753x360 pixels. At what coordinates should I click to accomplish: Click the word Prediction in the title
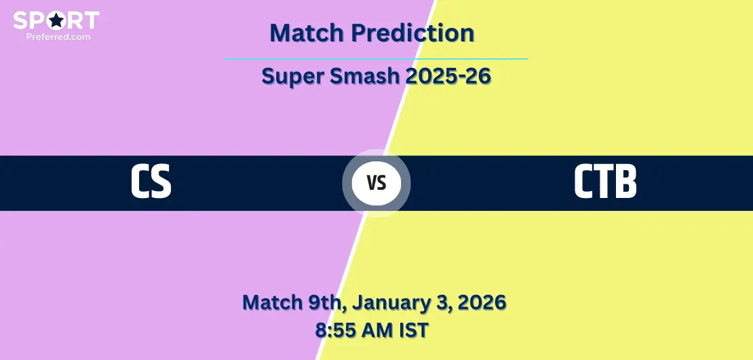click(x=412, y=33)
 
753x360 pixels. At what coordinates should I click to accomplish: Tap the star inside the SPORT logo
click(x=57, y=20)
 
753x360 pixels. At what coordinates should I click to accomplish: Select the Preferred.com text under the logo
click(x=58, y=37)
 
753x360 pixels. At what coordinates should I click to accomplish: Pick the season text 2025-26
click(x=448, y=76)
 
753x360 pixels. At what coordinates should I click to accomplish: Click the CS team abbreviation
click(x=151, y=182)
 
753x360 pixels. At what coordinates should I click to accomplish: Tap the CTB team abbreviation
click(x=605, y=182)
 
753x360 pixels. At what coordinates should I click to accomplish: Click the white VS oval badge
click(x=376, y=183)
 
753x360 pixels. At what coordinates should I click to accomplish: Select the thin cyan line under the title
click(x=376, y=59)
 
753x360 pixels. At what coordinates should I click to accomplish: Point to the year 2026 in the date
click(x=482, y=302)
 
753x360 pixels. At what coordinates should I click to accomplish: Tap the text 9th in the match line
click(x=326, y=302)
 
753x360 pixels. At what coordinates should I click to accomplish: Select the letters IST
click(x=414, y=330)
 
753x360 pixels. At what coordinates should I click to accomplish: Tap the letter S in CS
click(x=161, y=182)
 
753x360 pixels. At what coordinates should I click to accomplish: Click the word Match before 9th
click(x=272, y=302)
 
